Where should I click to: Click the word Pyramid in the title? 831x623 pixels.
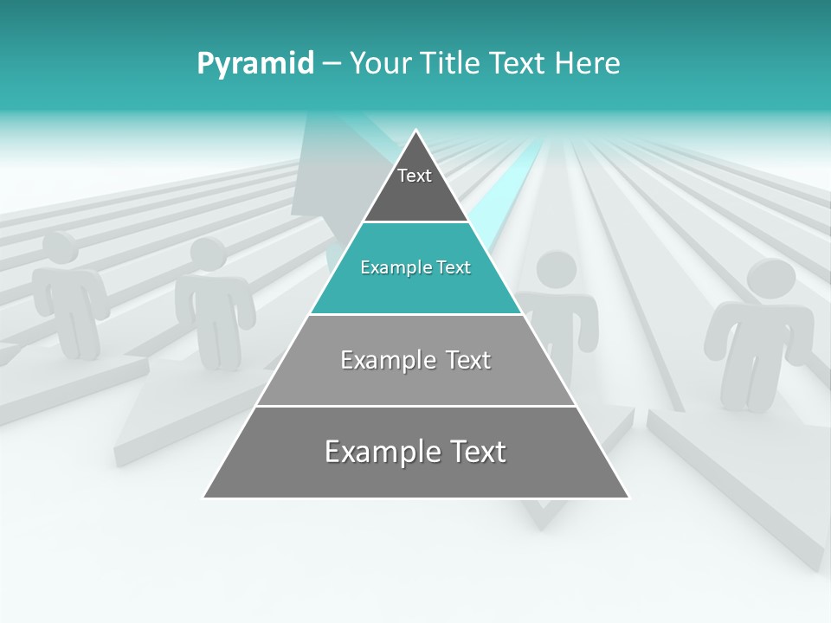255,64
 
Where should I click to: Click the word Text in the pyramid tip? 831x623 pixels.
415,176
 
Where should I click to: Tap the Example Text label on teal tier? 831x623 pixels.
415,267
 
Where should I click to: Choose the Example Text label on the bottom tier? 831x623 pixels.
415,452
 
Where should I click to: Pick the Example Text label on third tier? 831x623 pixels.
415,360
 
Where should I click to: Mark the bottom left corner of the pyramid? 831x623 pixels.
204,498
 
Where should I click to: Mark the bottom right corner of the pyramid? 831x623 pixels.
628,498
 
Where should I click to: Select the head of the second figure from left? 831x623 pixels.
207,255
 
